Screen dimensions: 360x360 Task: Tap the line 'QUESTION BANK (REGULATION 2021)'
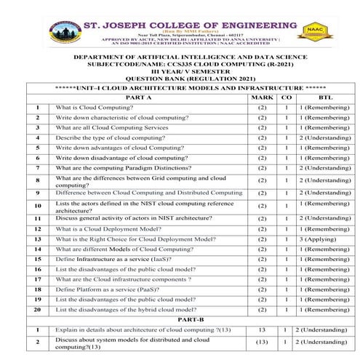(x=181, y=78)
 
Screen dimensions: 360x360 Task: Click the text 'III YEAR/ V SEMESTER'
(x=181, y=71)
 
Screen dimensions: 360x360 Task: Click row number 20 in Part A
(x=37, y=310)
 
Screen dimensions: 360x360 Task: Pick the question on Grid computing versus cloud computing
(x=138, y=181)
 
